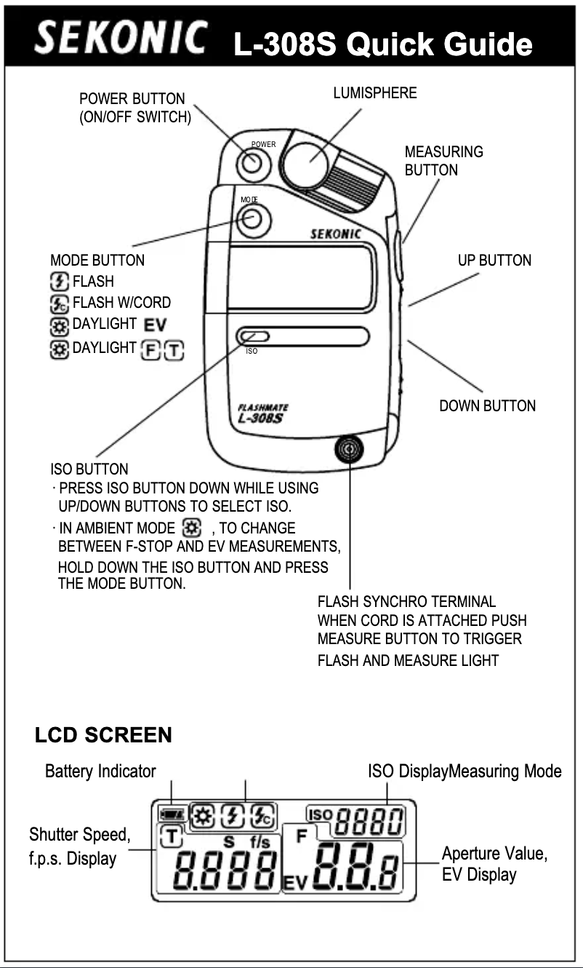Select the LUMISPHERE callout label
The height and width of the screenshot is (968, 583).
[x=374, y=94]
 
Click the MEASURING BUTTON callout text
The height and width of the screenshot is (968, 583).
[x=443, y=161]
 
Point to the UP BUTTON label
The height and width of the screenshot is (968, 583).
[x=494, y=260]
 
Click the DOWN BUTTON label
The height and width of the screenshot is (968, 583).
[x=487, y=406]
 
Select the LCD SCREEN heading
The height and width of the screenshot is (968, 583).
[x=103, y=735]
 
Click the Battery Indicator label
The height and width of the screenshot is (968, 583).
[x=100, y=771]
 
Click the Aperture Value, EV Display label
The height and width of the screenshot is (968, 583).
[x=494, y=863]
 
